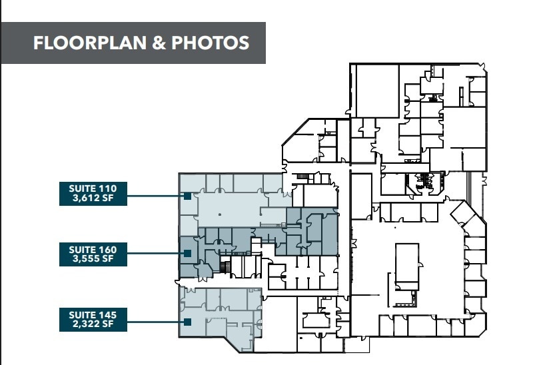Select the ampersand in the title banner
click(160, 43)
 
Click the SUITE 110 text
click(93, 188)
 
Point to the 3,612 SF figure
click(93, 197)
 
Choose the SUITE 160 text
click(93, 249)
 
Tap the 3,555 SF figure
click(93, 258)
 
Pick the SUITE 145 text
click(93, 313)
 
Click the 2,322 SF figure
click(93, 322)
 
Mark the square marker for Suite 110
click(188, 196)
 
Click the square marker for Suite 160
click(188, 253)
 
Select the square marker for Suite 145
click(188, 322)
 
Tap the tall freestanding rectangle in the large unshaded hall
click(406, 266)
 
